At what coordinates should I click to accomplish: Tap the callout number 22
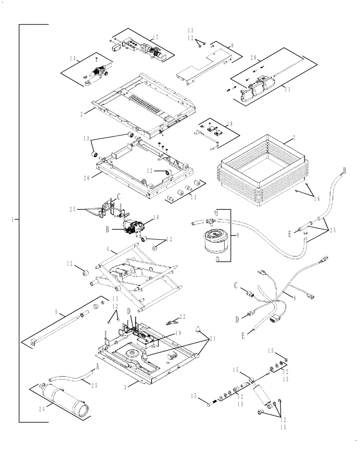[182, 316]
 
